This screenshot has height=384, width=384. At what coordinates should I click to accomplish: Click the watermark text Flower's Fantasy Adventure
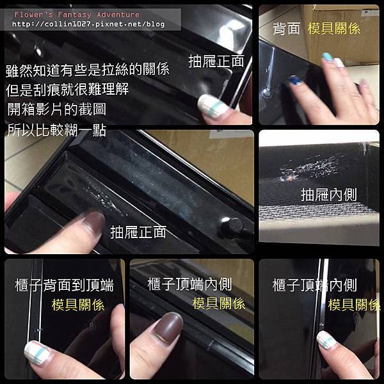[x=77, y=15]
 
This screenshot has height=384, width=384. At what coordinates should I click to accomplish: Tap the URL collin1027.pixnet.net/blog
[x=88, y=24]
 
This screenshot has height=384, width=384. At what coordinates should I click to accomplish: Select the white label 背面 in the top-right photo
[x=286, y=29]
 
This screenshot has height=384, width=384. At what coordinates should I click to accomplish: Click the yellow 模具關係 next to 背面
[x=334, y=28]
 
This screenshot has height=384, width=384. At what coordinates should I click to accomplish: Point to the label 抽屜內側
[x=329, y=195]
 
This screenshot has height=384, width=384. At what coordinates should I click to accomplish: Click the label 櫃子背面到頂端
[x=65, y=285]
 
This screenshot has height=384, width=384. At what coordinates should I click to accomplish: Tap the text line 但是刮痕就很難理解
[x=67, y=89]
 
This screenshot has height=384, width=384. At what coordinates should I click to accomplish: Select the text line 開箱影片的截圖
[x=56, y=109]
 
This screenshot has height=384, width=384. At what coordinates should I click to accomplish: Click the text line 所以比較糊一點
[x=56, y=130]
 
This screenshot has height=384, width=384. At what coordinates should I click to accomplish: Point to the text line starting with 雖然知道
[x=88, y=69]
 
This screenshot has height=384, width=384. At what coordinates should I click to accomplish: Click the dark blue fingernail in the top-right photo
[x=296, y=81]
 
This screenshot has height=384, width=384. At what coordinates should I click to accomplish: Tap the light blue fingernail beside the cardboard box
[x=327, y=57]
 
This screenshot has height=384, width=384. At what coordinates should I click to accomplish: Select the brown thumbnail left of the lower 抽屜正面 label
[x=93, y=222]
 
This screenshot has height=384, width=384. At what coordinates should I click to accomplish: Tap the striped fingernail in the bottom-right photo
[x=327, y=340]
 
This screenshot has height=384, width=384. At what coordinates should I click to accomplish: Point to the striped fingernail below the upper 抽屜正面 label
[x=212, y=106]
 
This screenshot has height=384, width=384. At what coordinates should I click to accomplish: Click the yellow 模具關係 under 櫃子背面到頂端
[x=78, y=305]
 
